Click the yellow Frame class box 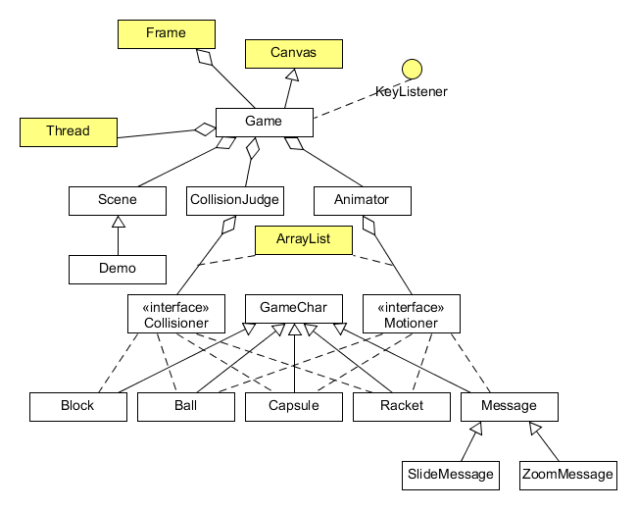(x=166, y=33)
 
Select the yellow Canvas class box (x=293, y=53)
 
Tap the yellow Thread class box (x=68, y=131)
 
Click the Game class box (x=264, y=122)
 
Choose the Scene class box (x=118, y=200)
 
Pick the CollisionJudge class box (x=234, y=200)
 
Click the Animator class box (x=362, y=200)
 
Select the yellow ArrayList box (x=303, y=239)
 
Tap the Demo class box (x=118, y=268)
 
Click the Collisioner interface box (x=176, y=313)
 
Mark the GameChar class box (x=293, y=308)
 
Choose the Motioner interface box (x=411, y=313)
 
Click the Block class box (x=77, y=406)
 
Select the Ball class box (x=185, y=406)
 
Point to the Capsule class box (x=293, y=406)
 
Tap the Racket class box (x=401, y=406)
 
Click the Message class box (x=509, y=406)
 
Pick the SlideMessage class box (x=450, y=475)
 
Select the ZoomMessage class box (x=567, y=475)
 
